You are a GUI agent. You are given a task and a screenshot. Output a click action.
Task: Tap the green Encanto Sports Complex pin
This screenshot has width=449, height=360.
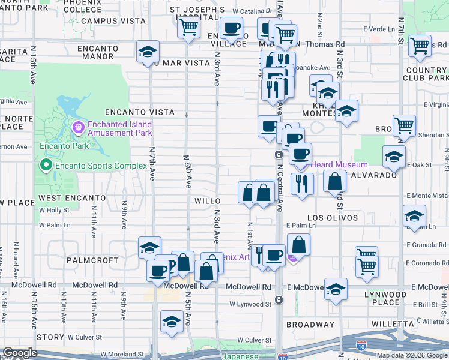[x=44, y=164]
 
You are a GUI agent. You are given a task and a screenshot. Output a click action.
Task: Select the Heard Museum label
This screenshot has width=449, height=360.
[x=339, y=165]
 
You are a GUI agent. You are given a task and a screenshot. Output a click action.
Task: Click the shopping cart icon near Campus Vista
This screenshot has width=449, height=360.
[x=189, y=27]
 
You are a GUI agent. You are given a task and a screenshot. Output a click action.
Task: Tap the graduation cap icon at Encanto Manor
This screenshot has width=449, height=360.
[x=148, y=53]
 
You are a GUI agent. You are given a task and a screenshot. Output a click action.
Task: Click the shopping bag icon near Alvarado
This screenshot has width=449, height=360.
[x=334, y=181]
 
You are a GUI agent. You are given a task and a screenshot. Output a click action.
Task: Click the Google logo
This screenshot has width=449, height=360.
[x=21, y=353]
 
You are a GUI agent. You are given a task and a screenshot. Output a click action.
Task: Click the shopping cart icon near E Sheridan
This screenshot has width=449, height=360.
[x=404, y=126]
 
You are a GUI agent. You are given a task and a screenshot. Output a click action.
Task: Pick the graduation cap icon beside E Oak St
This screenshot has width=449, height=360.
[x=393, y=157]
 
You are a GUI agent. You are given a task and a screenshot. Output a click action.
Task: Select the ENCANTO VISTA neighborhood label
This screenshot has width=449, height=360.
[x=139, y=112]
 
